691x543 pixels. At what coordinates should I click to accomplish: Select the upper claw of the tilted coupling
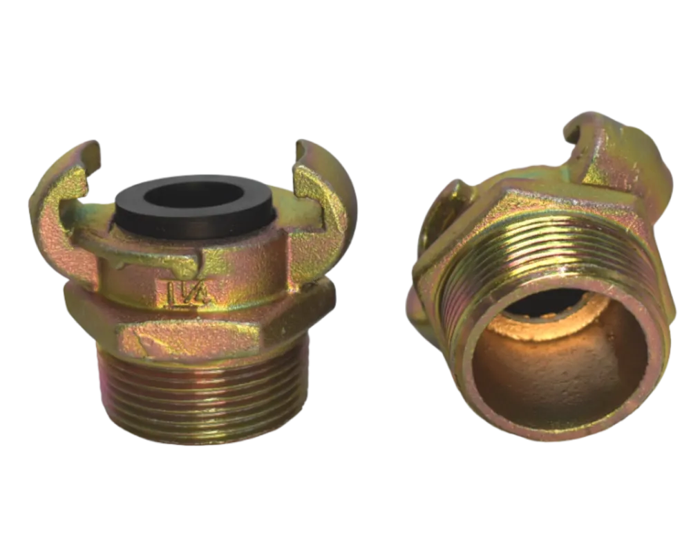(617, 154)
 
